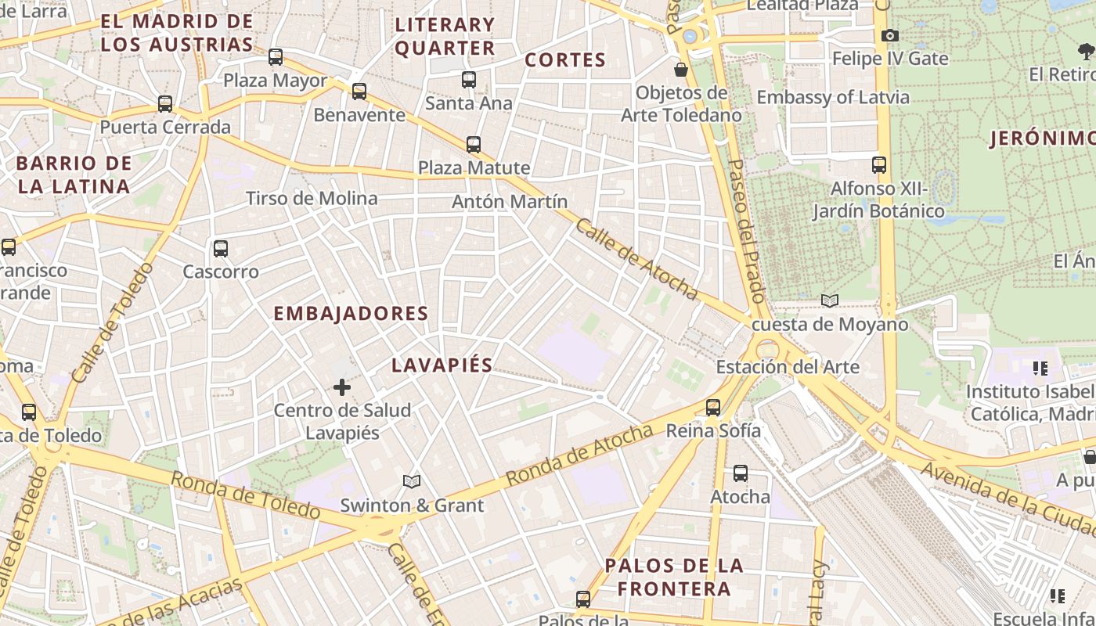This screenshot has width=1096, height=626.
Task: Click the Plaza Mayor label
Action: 276,81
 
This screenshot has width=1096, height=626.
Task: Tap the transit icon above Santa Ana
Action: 469,79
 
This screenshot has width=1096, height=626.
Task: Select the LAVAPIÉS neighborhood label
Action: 442,365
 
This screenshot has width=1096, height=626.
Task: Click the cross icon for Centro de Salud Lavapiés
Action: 342,387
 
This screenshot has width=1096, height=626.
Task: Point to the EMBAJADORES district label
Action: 351,314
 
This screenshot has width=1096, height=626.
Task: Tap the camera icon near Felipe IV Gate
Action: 890,35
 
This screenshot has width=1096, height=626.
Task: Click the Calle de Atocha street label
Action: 636,259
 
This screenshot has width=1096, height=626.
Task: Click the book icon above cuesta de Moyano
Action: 830,300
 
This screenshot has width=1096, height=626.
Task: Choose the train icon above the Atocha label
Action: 741,473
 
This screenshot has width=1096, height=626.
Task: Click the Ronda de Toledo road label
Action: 245,495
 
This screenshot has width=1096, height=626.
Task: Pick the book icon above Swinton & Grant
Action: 412,481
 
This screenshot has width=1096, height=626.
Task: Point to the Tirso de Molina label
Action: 312,198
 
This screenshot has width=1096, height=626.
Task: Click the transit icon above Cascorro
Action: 221,249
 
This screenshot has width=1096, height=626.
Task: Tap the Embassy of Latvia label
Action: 833,98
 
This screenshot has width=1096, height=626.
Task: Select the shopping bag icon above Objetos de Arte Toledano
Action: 681,70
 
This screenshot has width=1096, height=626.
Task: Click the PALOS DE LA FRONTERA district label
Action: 674,577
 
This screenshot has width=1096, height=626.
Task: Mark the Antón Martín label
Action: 510,202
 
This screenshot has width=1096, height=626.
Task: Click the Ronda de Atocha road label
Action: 579,455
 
